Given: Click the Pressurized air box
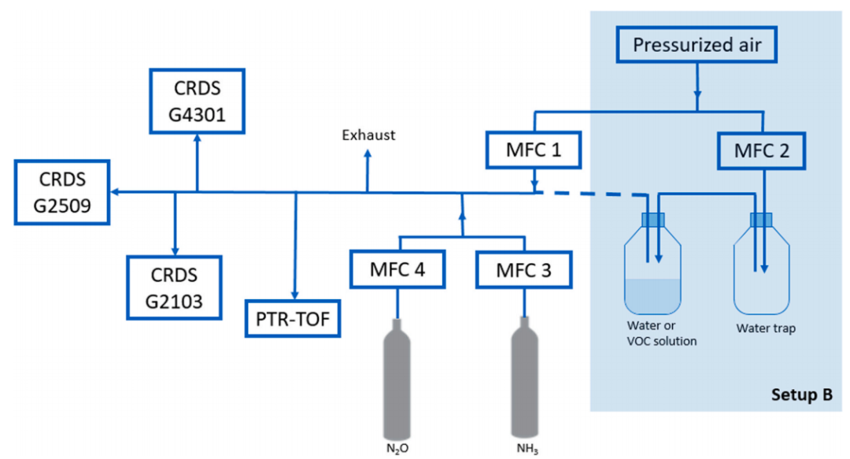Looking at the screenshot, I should pos(696,46).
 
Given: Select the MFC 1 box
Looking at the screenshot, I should pos(534,150).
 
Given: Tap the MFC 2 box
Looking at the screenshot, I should pos(761,150).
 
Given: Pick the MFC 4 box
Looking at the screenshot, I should pos(398,270).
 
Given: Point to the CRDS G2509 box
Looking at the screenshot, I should pos(61,191).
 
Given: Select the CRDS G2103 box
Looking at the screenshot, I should pos(175,285).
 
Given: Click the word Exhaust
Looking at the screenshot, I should pos(368,135).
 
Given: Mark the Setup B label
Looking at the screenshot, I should pos(801,394).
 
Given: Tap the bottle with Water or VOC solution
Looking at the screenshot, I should pos(653,268).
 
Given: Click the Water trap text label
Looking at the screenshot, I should pos(765,328).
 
